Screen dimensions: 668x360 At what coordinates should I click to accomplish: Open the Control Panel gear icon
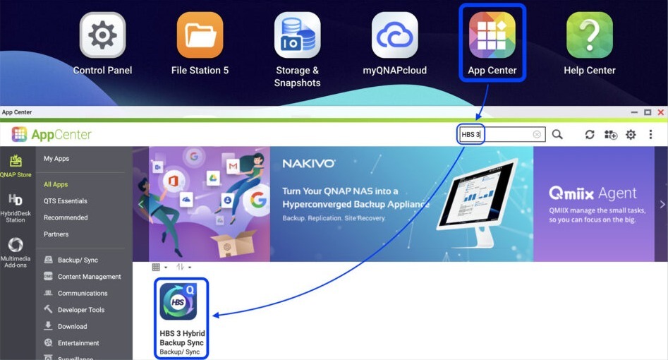[102, 35]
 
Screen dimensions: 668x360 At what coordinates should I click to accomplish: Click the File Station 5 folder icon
[200, 35]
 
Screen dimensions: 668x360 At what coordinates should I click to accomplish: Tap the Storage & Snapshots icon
[298, 35]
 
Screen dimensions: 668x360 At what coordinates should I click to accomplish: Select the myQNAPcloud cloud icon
[394, 35]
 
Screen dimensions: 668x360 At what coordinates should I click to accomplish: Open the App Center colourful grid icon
[492, 35]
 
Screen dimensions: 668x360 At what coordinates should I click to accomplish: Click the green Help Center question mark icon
[590, 35]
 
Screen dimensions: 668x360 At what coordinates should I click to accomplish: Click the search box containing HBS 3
[502, 134]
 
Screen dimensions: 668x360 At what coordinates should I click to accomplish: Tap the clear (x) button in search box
[537, 134]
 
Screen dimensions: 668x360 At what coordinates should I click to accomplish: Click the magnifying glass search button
[557, 134]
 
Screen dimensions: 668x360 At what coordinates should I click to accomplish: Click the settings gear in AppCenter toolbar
[631, 135]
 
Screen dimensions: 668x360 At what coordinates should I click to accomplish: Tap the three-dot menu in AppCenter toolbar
[650, 134]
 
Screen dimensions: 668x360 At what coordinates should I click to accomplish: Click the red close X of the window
[661, 112]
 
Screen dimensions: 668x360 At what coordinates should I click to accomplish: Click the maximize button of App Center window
[648, 112]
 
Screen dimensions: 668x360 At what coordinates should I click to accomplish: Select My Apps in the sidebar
[56, 159]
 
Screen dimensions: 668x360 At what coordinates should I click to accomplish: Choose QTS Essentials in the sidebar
[65, 201]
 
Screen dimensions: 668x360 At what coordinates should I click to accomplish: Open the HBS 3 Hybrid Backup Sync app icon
[178, 301]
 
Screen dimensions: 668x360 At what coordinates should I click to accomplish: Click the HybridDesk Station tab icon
[16, 200]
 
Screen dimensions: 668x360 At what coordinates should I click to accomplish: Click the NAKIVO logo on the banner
[309, 164]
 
